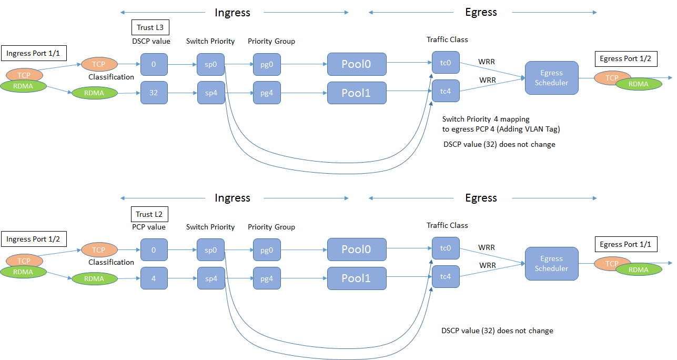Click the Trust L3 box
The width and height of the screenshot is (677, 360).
tap(150, 28)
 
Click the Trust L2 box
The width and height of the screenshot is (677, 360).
tap(150, 214)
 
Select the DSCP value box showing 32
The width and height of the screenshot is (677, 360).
tap(154, 93)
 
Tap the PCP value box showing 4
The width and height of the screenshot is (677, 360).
tap(154, 278)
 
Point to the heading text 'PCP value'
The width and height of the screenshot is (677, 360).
tap(149, 227)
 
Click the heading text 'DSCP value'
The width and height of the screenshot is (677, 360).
tap(151, 41)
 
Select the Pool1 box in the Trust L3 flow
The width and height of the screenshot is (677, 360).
tap(357, 93)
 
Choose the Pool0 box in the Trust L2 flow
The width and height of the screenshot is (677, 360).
tap(357, 249)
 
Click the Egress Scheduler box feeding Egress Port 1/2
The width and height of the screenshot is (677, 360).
tap(551, 78)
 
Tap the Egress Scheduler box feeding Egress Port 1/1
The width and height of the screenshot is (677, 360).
tap(551, 264)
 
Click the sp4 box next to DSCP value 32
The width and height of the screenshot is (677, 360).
tap(211, 93)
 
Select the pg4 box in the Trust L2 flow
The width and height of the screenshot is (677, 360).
tap(267, 278)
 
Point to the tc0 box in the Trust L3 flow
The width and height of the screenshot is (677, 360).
tap(446, 63)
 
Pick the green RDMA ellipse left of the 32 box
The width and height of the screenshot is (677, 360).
tap(94, 93)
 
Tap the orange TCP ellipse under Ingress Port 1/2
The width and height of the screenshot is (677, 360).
tap(24, 261)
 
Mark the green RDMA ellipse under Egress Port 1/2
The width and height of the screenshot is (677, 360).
tap(639, 83)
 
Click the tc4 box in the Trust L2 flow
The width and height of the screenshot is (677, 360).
tap(446, 276)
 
